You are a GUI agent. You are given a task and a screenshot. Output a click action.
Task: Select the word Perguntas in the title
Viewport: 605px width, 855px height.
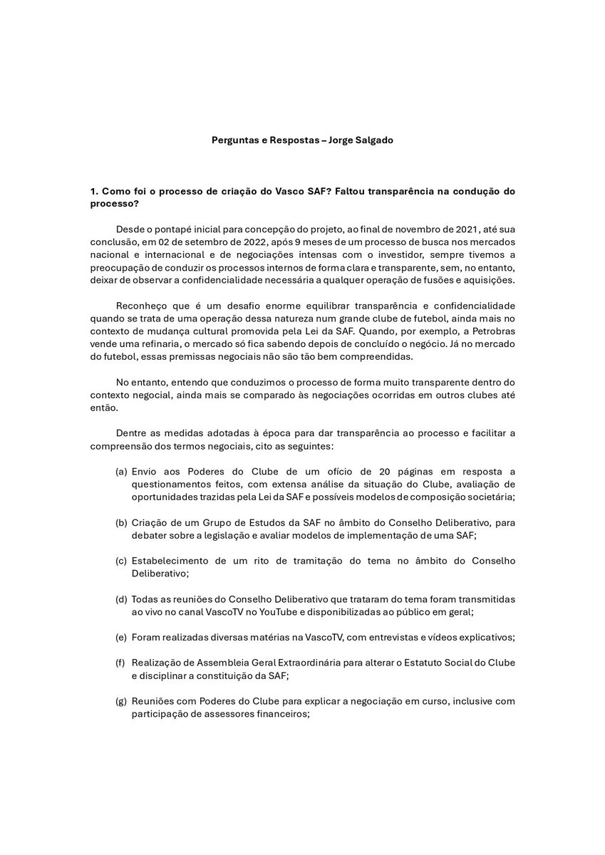click(235, 140)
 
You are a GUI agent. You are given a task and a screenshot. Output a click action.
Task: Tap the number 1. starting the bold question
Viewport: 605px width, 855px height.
click(93, 192)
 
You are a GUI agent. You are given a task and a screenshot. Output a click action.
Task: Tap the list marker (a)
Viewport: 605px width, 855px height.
click(122, 472)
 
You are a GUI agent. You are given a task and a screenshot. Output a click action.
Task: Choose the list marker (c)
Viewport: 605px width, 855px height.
click(122, 561)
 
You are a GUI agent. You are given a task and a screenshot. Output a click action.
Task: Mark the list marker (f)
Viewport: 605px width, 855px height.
click(121, 663)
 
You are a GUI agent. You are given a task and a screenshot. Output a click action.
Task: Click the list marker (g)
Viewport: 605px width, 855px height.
click(122, 701)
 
